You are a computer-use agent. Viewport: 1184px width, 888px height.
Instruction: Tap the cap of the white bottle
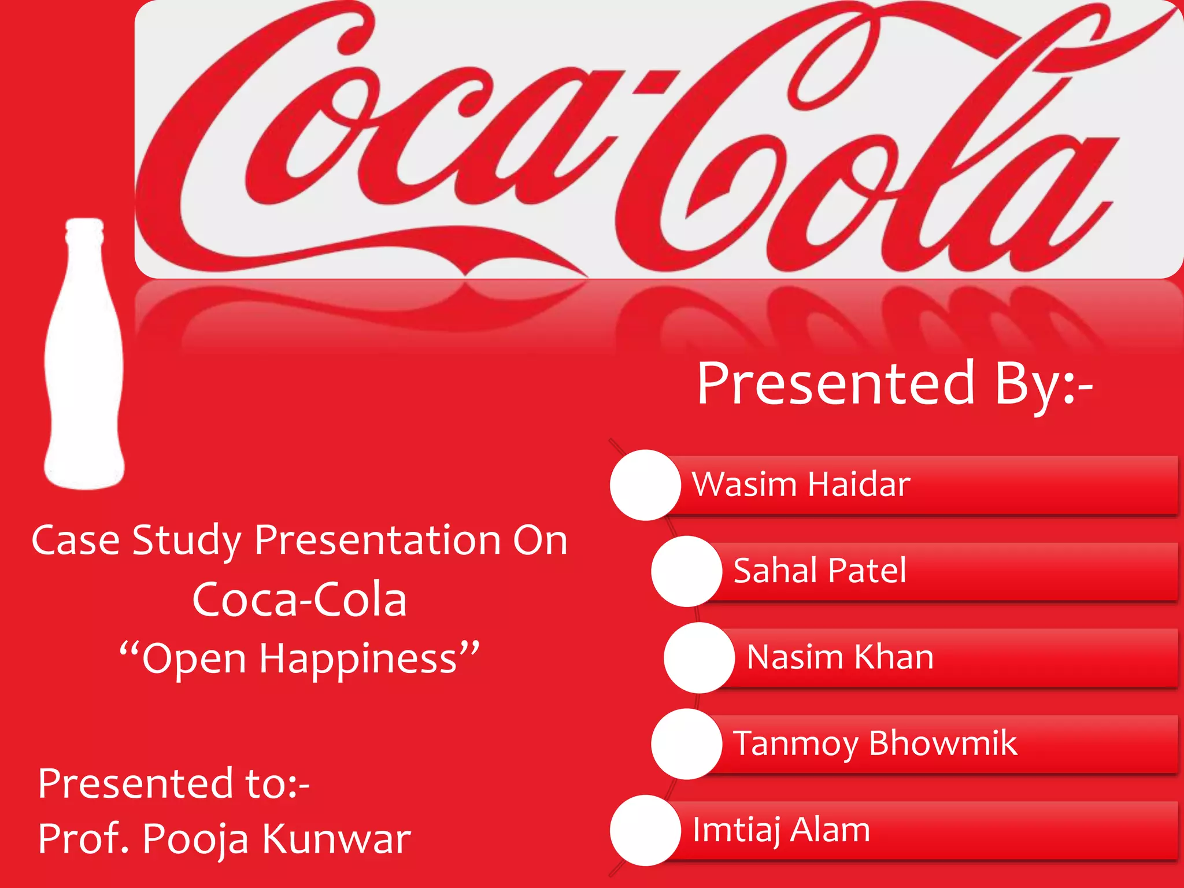(x=84, y=227)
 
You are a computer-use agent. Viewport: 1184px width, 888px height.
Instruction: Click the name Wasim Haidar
(x=801, y=484)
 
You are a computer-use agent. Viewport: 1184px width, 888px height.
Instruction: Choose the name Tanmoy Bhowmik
(x=874, y=743)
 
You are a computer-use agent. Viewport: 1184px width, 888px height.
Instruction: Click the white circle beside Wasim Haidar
(x=645, y=484)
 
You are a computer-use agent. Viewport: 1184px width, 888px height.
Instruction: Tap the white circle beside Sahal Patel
(x=686, y=571)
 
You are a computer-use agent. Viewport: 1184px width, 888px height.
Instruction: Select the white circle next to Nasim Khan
(x=699, y=657)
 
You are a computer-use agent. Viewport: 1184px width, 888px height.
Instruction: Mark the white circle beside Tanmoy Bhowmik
(x=686, y=744)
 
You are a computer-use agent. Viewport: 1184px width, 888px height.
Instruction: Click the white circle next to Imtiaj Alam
(x=645, y=830)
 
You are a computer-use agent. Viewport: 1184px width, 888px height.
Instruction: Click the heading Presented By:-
(x=894, y=384)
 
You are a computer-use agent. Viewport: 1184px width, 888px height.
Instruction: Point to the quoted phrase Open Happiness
(x=299, y=658)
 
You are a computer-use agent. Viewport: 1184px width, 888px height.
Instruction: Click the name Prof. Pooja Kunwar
(x=224, y=838)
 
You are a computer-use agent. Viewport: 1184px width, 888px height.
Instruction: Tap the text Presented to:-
(x=173, y=783)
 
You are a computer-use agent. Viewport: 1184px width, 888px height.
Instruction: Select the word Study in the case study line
(x=186, y=541)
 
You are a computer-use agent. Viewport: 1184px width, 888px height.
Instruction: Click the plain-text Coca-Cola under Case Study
(x=299, y=600)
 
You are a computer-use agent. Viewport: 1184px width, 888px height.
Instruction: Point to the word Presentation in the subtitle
(x=379, y=541)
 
